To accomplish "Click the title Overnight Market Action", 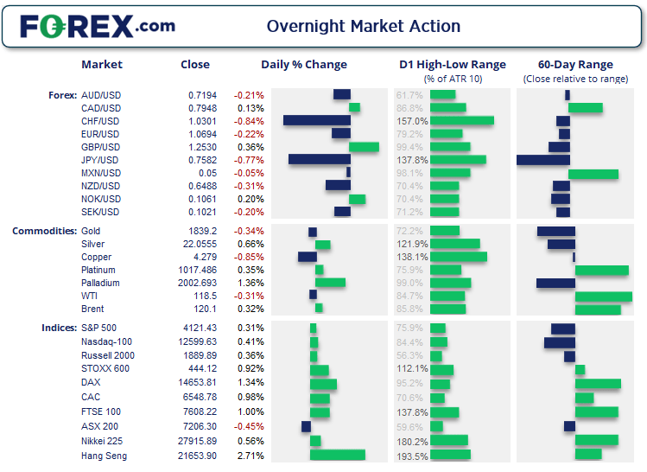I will (363, 26).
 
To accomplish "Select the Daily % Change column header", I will (304, 64).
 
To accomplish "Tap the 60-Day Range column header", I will (575, 64).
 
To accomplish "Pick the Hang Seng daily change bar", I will (337, 455).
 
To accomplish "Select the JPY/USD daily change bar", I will (319, 159).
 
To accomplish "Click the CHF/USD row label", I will (99, 121).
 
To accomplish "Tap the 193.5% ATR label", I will (411, 456).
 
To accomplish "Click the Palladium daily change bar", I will (330, 283).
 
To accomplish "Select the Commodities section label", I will (43, 231).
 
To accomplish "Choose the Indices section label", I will (59, 328).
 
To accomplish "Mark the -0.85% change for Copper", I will (250, 257).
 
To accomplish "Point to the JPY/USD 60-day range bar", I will (543, 159).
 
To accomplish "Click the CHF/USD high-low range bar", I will (461, 121).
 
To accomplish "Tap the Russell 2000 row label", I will (106, 354).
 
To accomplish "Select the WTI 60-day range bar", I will (603, 297).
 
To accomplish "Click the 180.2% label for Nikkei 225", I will (411, 442).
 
